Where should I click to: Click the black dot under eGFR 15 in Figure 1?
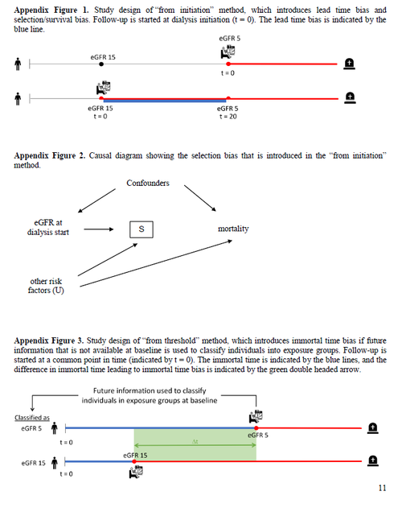(100, 63)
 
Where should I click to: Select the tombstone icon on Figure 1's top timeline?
(350, 63)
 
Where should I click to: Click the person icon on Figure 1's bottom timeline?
(18, 99)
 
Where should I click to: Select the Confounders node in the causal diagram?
(148, 184)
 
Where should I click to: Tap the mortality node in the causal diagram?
(233, 229)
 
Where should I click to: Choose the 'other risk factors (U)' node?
(46, 285)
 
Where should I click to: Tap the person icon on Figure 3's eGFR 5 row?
(55, 429)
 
